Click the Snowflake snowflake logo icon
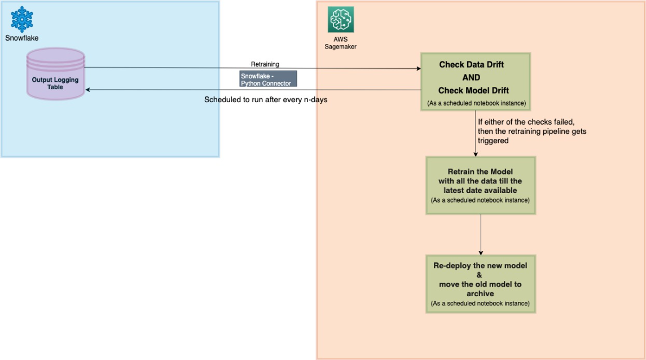[x=22, y=18]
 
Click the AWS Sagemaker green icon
[x=341, y=19]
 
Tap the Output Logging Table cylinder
[x=55, y=74]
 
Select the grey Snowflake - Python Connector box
[x=268, y=79]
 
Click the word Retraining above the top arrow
[x=265, y=64]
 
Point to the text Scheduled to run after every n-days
[x=265, y=100]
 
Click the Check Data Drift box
[x=475, y=81]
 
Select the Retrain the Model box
[x=480, y=185]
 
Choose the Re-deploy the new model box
[x=480, y=283]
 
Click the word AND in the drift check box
[x=471, y=78]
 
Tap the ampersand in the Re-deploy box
[x=480, y=275]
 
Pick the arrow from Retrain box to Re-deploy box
[x=480, y=234]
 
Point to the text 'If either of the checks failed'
[x=526, y=122]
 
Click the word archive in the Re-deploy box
[x=480, y=293]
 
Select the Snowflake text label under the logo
[x=22, y=38]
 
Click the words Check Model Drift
[x=473, y=91]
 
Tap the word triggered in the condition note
[x=493, y=141]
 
